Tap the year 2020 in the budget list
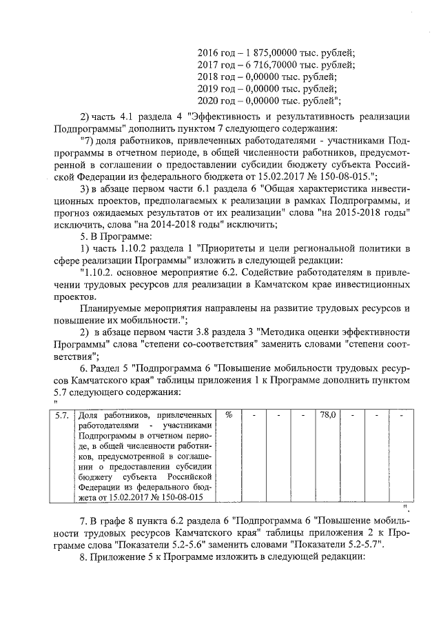[x=207, y=101]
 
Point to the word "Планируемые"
[x=110, y=309]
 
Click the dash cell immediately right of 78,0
[x=352, y=416]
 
